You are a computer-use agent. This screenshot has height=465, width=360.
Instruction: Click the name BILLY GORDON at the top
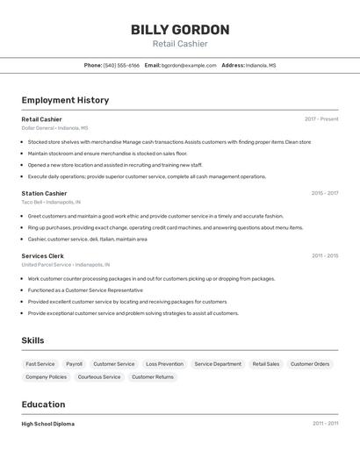(x=180, y=30)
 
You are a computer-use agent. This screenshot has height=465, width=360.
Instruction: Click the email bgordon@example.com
(x=189, y=65)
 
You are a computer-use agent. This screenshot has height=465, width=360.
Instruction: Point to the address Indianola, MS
(x=261, y=65)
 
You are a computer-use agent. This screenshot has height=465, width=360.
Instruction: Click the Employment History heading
(x=65, y=100)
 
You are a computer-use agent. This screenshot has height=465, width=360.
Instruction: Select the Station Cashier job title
(x=44, y=193)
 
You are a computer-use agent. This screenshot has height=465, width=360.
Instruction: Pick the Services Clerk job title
(x=43, y=255)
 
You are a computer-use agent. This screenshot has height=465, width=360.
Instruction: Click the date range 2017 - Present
(x=321, y=118)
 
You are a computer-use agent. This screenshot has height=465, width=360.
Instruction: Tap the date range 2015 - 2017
(x=324, y=193)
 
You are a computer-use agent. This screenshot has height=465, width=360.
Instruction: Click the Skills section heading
(x=32, y=340)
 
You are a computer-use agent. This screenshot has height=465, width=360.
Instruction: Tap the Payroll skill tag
(x=74, y=363)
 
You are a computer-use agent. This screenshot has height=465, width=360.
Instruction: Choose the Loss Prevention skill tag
(x=164, y=363)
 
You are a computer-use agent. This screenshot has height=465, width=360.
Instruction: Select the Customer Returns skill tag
(x=153, y=376)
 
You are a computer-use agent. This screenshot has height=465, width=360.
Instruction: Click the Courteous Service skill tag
(x=99, y=376)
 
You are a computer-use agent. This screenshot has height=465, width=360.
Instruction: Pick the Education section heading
(x=43, y=404)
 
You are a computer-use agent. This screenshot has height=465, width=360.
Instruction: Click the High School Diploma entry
(x=47, y=424)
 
